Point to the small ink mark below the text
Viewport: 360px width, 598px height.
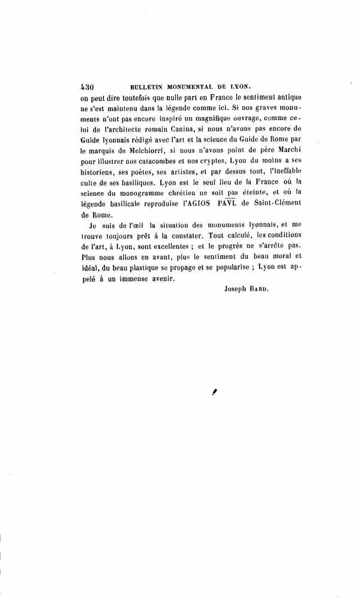(x=213, y=391)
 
